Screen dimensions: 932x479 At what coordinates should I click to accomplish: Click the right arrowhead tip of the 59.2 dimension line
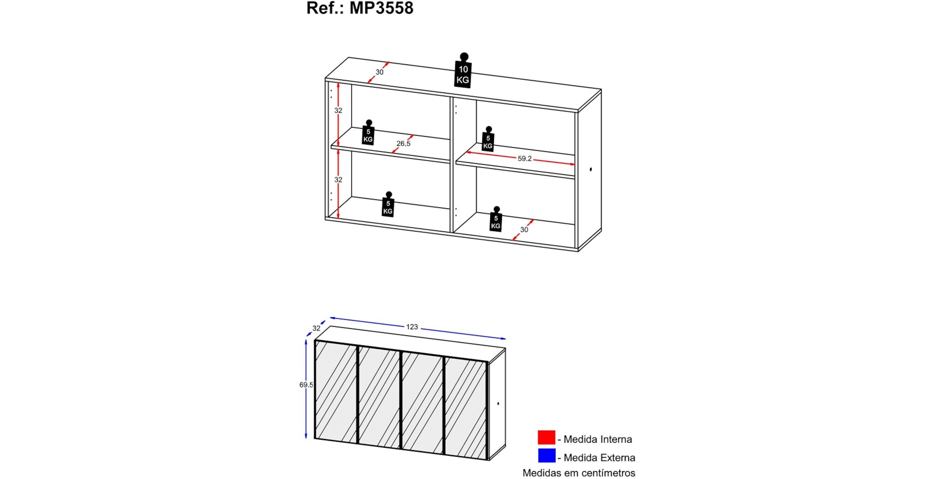coord(575,164)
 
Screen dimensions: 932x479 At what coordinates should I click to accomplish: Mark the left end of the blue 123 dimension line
coord(330,318)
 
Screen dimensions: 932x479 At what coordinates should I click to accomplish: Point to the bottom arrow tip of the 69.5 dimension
coord(306,438)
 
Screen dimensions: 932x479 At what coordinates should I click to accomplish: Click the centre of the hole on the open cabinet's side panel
coord(590,169)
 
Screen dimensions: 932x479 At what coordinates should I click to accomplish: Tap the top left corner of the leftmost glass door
coord(315,341)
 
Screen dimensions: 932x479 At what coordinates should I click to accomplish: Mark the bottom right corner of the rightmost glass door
coord(488,460)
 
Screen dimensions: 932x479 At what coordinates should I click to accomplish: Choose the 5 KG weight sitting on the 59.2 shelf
coord(488,139)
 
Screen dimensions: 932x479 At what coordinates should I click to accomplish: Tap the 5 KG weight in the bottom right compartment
coord(496,219)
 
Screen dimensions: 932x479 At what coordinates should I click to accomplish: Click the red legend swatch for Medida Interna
coord(547,437)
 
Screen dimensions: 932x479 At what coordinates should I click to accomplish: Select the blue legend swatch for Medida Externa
coord(547,456)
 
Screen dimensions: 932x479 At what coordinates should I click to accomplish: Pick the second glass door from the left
coord(379,396)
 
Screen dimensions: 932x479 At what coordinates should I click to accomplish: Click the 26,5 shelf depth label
coord(404,144)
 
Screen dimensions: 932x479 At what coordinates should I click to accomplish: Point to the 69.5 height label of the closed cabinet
coord(306,385)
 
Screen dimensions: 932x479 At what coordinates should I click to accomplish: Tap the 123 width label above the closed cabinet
coord(412,327)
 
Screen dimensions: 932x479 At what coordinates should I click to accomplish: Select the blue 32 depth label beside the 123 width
coord(316,328)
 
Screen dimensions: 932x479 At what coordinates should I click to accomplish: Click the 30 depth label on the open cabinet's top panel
coord(379,72)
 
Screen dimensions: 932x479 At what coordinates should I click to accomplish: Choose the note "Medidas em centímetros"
coord(579,473)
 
